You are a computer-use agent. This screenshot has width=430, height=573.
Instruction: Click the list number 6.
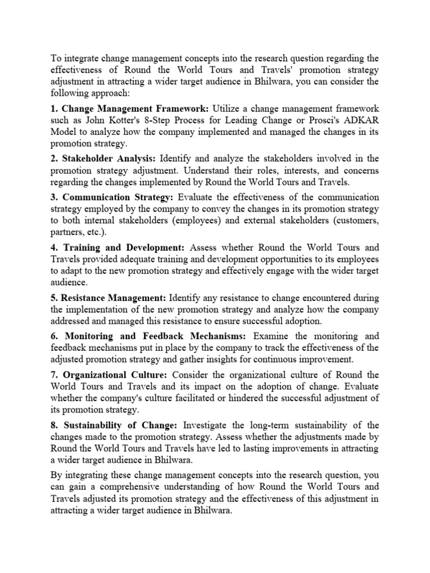click(54, 336)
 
